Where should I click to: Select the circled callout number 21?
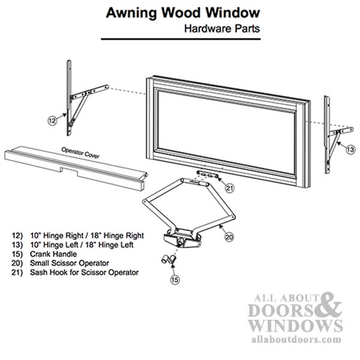tap(228, 188)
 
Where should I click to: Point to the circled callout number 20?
tap(229, 238)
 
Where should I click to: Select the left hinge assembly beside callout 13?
tap(331, 135)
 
